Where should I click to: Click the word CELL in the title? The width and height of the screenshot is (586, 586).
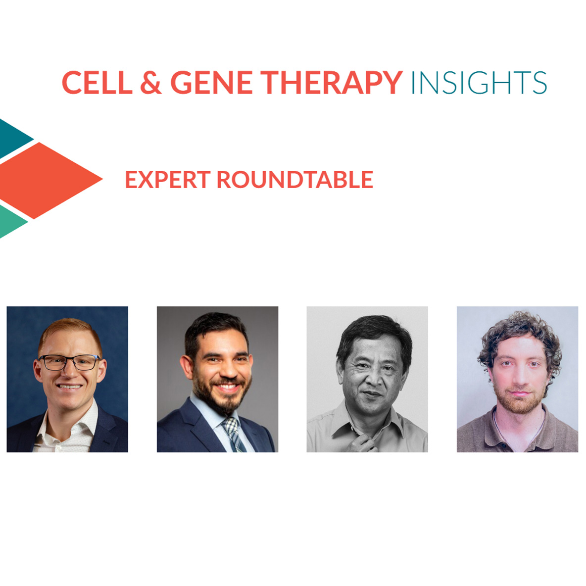97,82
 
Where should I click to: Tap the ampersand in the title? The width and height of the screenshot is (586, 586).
151,82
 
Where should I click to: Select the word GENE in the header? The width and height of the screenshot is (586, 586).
211,82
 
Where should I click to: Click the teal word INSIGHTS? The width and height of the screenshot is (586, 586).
479,83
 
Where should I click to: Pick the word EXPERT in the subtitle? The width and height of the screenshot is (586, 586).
168,179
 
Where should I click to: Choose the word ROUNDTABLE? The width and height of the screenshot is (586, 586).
295,179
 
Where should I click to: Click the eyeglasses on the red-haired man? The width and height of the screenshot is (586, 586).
69,362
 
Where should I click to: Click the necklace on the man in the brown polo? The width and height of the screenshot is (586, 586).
518,430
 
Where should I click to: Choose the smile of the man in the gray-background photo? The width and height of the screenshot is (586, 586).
227,387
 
